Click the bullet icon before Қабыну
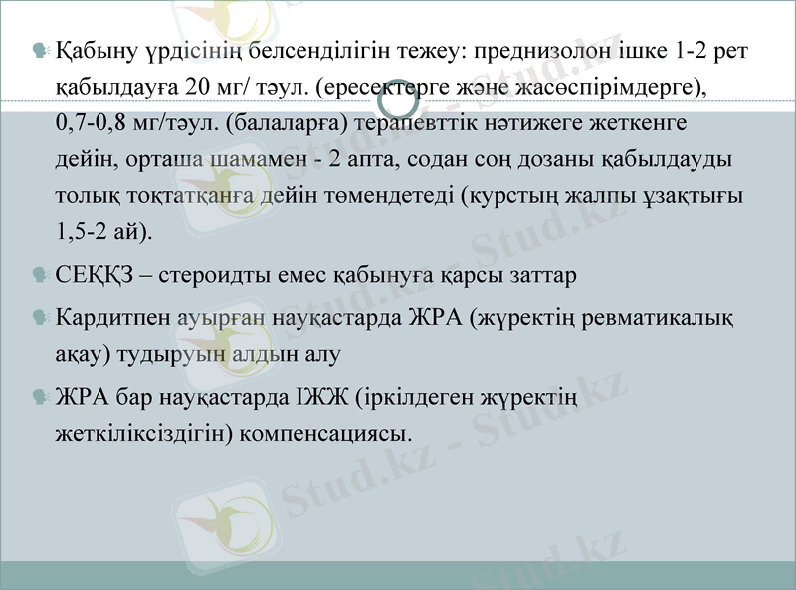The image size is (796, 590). coord(40,51)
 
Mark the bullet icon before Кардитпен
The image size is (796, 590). coord(40,317)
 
